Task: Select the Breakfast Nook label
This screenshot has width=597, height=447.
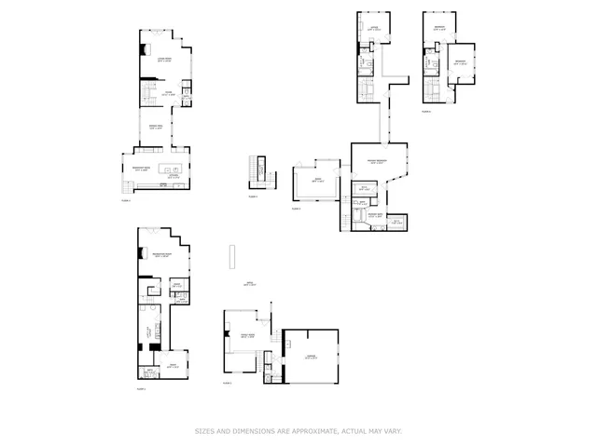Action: pos(143,169)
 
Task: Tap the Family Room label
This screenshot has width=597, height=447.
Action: pos(247,337)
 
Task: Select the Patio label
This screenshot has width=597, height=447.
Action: pos(249,283)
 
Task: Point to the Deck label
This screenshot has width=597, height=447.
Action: pos(317,181)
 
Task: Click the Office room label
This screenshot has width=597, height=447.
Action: pos(373,28)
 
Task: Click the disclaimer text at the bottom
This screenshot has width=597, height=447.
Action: pos(298,431)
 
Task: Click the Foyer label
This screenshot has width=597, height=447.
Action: pos(168,93)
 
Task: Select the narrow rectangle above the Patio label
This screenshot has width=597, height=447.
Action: pos(231,256)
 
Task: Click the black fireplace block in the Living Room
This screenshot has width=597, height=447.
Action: pos(144,50)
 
